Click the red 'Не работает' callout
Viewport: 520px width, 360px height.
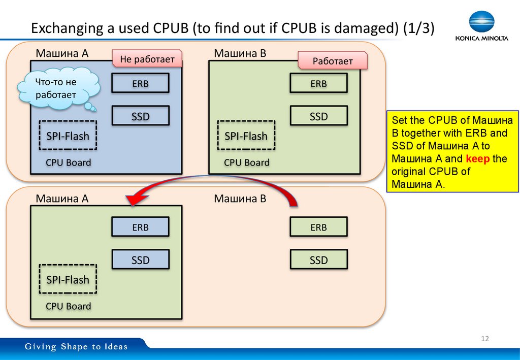[147, 59]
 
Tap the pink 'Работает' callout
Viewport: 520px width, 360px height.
[332, 61]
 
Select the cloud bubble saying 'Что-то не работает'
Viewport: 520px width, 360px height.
[55, 88]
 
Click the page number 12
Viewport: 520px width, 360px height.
[484, 339]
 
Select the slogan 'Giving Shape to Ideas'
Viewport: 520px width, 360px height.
[77, 347]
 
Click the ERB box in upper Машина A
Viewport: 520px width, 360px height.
[140, 84]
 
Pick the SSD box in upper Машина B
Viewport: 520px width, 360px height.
[319, 116]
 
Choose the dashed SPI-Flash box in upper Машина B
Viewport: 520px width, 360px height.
[246, 136]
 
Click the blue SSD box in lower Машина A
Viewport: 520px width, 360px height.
[140, 260]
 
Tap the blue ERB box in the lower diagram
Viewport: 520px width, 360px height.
[140, 227]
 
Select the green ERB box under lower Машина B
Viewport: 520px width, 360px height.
[319, 227]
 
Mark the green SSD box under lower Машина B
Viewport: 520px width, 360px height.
[319, 260]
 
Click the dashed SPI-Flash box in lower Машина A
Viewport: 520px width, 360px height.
[68, 279]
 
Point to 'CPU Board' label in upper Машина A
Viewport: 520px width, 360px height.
[68, 162]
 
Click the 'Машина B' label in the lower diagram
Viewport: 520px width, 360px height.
[240, 199]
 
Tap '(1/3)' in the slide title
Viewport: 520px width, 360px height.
[419, 29]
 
